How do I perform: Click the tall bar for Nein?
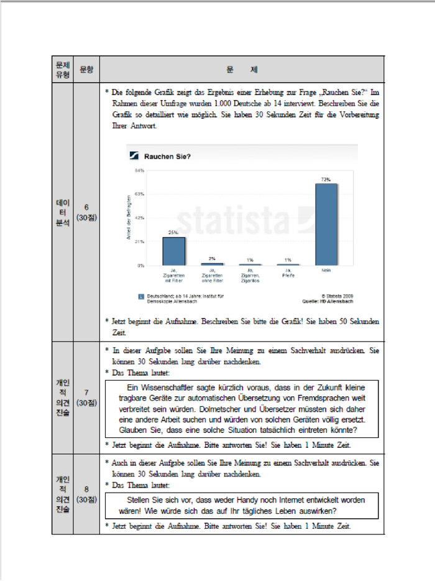pos(326,224)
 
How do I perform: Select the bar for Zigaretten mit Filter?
pos(173,251)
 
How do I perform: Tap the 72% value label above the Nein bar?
pos(326,179)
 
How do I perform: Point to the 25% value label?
pos(173,233)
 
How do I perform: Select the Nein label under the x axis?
pos(326,271)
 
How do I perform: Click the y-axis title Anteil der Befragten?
pos(129,218)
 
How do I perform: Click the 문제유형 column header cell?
pos(62,69)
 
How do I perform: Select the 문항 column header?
pos(86,69)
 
